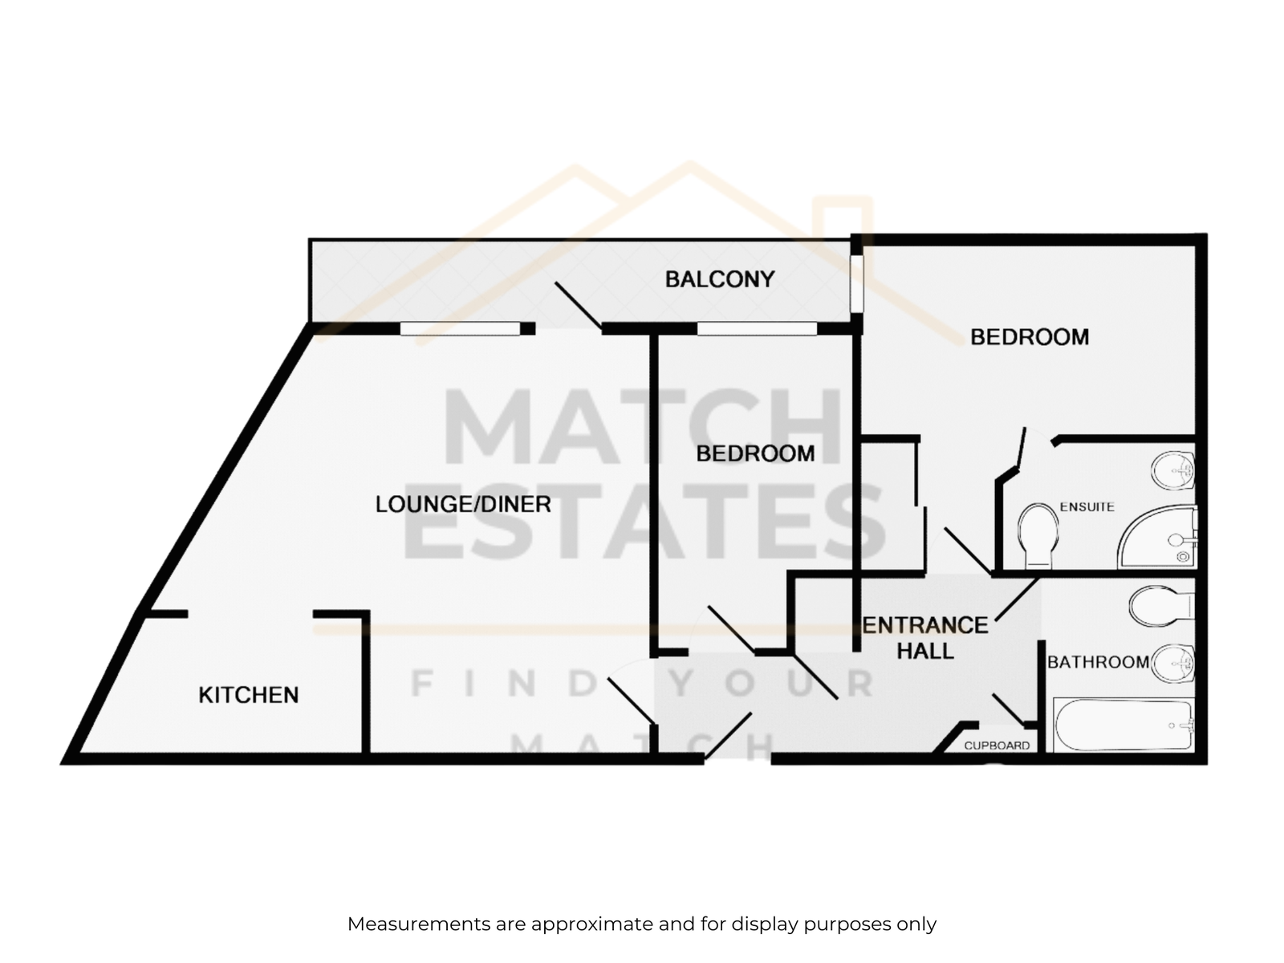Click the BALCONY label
pyautogui.click(x=720, y=279)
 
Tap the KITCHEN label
pyautogui.click(x=249, y=695)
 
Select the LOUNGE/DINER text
pyautogui.click(x=463, y=504)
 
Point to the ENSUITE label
pyautogui.click(x=1087, y=507)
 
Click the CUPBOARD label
pyautogui.click(x=997, y=746)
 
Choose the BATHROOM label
pyautogui.click(x=1098, y=662)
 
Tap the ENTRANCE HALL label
pyautogui.click(x=924, y=638)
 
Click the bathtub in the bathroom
pyautogui.click(x=1123, y=725)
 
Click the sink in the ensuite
pyautogui.click(x=1173, y=469)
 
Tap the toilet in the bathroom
pyautogui.click(x=1162, y=607)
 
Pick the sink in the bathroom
pyautogui.click(x=1173, y=664)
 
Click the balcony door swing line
pyautogui.click(x=579, y=306)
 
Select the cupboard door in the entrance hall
pyautogui.click(x=1008, y=710)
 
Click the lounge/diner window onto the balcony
pyautogui.click(x=460, y=328)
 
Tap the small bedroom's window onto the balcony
pyautogui.click(x=757, y=328)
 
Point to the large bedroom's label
pyautogui.click(x=1030, y=337)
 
